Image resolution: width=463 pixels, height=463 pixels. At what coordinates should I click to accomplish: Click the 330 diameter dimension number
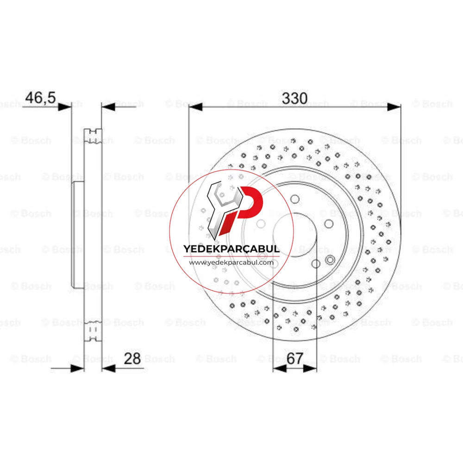tap(294, 98)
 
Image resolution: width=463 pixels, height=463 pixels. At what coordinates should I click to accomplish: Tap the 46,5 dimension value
tap(40, 98)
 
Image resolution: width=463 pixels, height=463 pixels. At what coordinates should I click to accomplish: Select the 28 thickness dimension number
tap(132, 359)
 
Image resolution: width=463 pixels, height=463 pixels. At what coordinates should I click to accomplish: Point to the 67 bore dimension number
tap(294, 359)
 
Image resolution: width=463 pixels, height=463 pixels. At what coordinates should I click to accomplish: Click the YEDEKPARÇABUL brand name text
tap(231, 249)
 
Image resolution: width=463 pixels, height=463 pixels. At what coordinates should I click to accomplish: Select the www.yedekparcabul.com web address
tap(231, 263)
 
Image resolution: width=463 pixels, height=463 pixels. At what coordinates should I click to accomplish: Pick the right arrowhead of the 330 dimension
tap(394, 107)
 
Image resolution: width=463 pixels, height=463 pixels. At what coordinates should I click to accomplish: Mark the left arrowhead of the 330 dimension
tap(196, 107)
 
